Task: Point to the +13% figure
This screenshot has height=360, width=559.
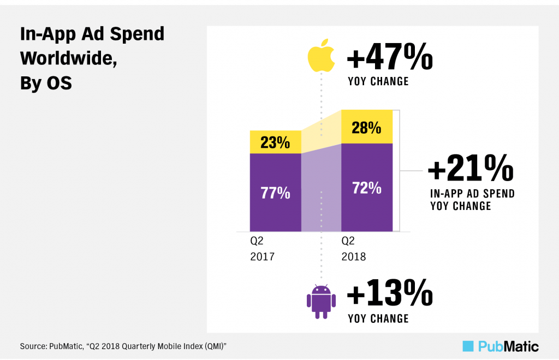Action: coord(389,295)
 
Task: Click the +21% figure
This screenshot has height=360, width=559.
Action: coord(471,168)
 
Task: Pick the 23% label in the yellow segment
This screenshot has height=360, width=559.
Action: coord(275,142)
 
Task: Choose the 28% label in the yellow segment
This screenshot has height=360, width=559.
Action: coord(366,128)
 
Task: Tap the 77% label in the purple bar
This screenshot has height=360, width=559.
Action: coord(275,193)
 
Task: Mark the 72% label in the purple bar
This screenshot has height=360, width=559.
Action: coord(366,188)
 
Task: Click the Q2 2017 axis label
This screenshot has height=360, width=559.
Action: coord(262,248)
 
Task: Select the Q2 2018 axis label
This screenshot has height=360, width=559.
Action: coord(353,248)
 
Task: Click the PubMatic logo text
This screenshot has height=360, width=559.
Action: coord(508,346)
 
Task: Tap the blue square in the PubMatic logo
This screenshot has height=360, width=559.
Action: coord(468,346)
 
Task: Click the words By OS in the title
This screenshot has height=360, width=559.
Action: coord(46,84)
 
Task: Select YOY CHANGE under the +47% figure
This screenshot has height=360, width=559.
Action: coord(378,82)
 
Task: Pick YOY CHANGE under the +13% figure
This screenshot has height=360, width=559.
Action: coord(378,319)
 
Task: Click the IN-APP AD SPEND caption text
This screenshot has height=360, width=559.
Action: coord(472,194)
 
